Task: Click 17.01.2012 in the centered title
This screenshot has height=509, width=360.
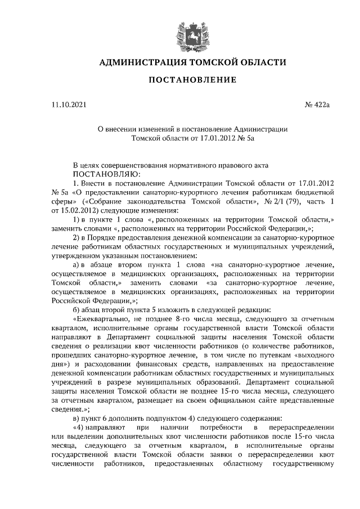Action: tap(209, 138)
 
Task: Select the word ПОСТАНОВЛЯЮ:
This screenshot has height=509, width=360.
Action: tap(101, 174)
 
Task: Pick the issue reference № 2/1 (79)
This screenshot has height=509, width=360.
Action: tap(267, 201)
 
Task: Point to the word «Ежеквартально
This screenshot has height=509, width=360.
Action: tap(104, 318)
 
